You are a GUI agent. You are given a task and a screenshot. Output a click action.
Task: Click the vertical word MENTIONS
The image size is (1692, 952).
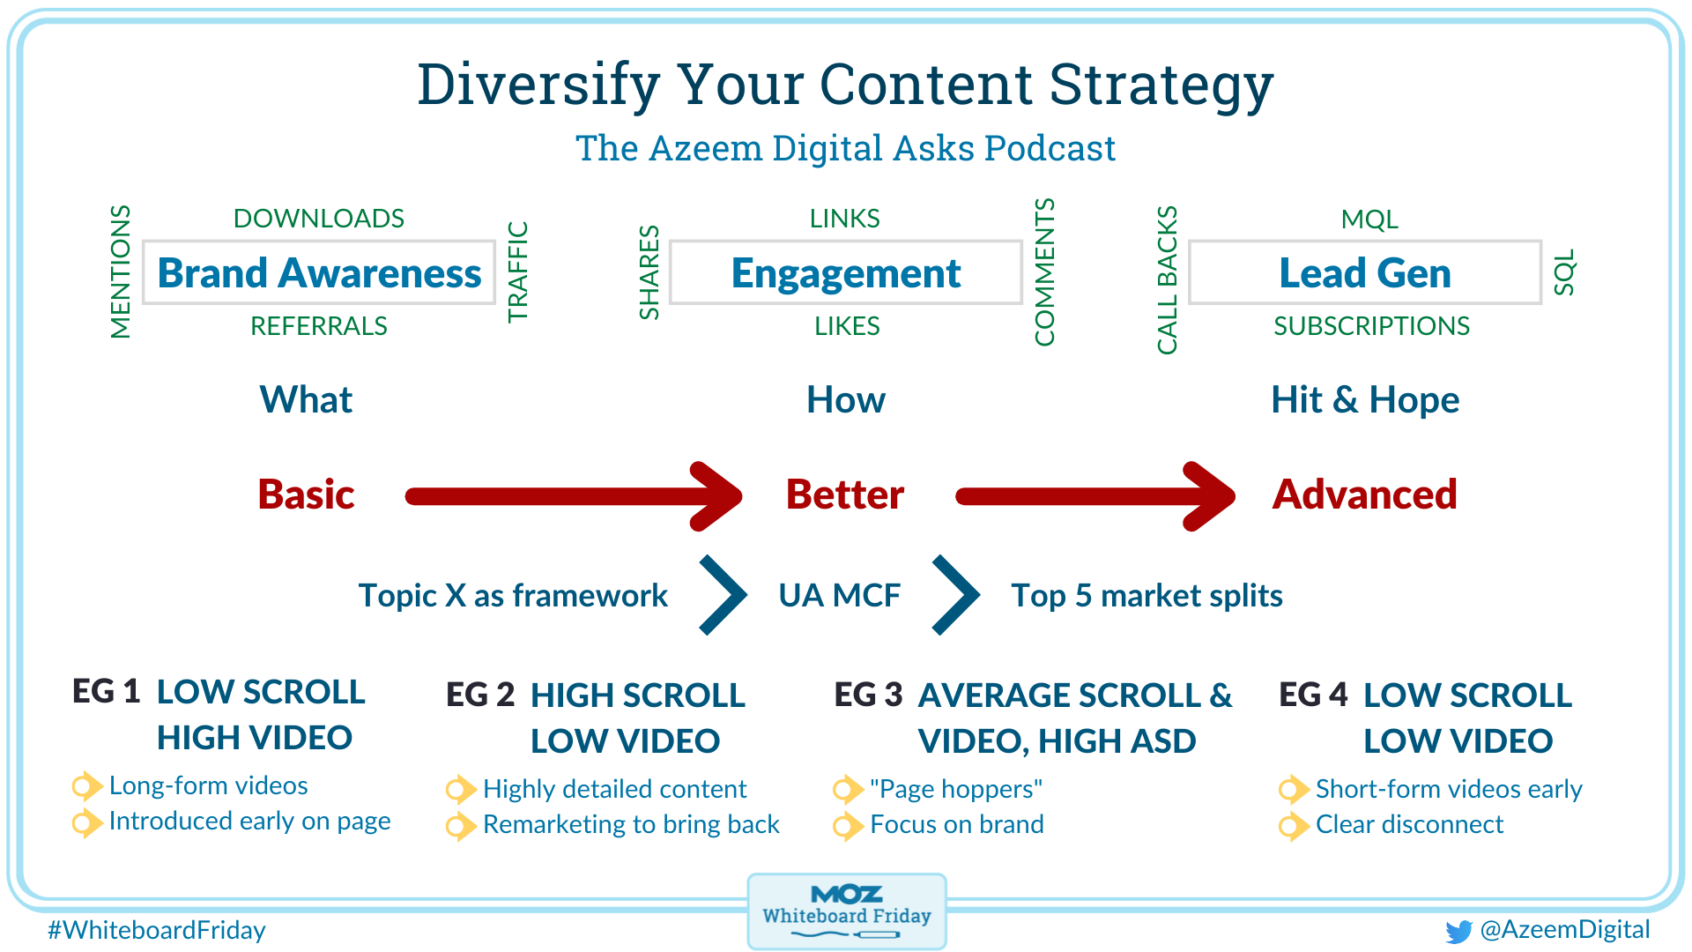coord(121,271)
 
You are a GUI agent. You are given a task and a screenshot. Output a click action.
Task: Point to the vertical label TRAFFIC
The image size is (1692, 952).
coord(517,271)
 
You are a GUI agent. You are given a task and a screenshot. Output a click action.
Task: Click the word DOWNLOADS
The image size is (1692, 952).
coord(319,218)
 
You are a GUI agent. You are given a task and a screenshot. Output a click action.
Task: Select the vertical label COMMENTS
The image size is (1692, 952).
coord(1044,272)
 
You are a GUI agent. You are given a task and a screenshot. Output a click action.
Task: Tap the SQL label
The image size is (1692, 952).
coord(1564,272)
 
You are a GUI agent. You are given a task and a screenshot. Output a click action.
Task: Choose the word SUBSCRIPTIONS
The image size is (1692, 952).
coord(1371,326)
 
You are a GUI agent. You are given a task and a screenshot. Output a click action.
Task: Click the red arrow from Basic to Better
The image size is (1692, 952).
coord(573,496)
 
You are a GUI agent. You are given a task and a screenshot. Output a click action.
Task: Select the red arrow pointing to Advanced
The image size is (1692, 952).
coord(1095,496)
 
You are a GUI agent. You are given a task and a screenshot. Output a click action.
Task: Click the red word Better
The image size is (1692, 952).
coord(845,495)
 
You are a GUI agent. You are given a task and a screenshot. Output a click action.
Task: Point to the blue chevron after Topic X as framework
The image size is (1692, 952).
coord(724,595)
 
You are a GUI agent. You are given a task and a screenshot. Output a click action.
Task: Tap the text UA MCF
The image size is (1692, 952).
coord(840,596)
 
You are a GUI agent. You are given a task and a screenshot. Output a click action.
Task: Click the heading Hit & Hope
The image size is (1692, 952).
coord(1365,400)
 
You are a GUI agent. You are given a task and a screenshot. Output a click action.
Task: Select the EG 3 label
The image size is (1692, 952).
coord(868,695)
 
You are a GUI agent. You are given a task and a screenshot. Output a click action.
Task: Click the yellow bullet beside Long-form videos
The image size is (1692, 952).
coord(86,785)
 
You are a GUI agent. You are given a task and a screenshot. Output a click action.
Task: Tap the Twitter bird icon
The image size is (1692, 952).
coord(1458,931)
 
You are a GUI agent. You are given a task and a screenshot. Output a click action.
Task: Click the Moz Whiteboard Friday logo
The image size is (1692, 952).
coord(847,911)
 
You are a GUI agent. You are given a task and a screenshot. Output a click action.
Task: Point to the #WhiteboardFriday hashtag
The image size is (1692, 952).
coord(157,930)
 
